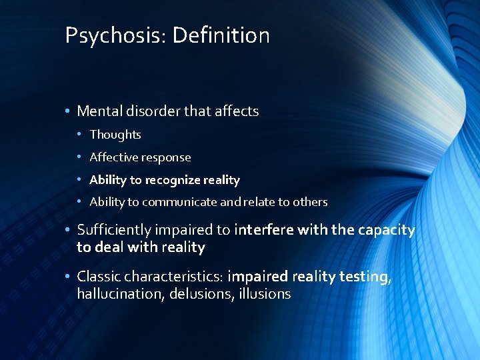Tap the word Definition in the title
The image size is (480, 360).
point(221,35)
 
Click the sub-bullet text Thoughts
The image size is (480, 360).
point(115,135)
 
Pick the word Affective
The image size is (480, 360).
point(112,157)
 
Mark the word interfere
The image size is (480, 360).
point(261,231)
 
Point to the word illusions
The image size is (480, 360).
point(266,294)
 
